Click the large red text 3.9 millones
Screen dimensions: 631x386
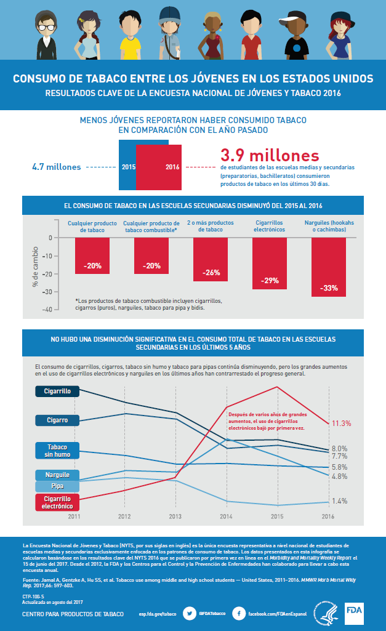[270, 155]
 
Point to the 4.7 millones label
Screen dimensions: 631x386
[55, 166]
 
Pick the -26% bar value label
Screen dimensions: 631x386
[211, 271]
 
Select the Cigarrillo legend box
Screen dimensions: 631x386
[57, 391]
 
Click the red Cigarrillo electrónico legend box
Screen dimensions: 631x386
[57, 502]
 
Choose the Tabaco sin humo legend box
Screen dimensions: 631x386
[57, 451]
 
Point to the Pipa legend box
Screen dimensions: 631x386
[57, 486]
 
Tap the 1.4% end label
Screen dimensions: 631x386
[339, 501]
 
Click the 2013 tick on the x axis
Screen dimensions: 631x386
[175, 517]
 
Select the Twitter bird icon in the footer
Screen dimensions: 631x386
[190, 613]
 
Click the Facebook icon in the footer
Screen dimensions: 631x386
[238, 613]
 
